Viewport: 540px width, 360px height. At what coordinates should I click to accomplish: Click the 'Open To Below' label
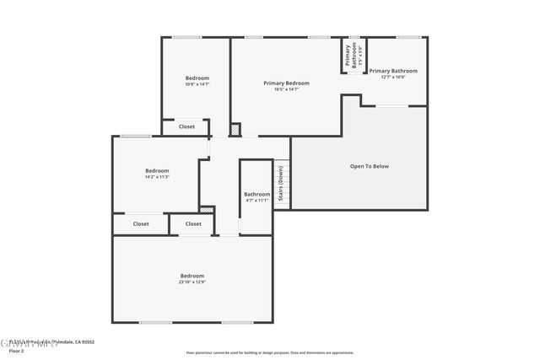370,166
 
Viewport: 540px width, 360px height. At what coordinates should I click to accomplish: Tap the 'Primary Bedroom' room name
286,83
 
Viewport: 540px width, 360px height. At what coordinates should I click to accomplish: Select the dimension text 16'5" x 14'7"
286,90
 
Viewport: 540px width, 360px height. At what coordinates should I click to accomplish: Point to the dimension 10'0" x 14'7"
197,84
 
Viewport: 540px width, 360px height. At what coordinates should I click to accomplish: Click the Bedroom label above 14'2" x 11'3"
157,171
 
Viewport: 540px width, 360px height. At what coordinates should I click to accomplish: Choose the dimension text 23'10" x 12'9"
192,282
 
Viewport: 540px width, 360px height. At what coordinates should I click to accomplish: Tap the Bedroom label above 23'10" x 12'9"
192,276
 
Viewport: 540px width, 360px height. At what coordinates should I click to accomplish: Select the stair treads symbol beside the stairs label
287,183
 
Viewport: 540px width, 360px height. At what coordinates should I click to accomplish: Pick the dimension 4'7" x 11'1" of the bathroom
256,201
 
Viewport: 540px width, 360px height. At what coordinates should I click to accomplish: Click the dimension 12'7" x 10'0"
393,78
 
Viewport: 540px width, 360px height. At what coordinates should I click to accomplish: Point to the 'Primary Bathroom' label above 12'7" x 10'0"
393,71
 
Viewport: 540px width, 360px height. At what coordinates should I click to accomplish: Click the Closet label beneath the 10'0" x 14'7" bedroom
186,127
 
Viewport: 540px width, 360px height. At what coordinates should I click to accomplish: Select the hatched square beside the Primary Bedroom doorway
235,130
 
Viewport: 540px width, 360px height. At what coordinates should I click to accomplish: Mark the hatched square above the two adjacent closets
207,209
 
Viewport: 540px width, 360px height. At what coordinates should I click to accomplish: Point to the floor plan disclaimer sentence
269,353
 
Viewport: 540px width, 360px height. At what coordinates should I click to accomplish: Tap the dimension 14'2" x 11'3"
157,177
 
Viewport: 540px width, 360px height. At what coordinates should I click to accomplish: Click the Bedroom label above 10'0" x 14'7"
197,78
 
